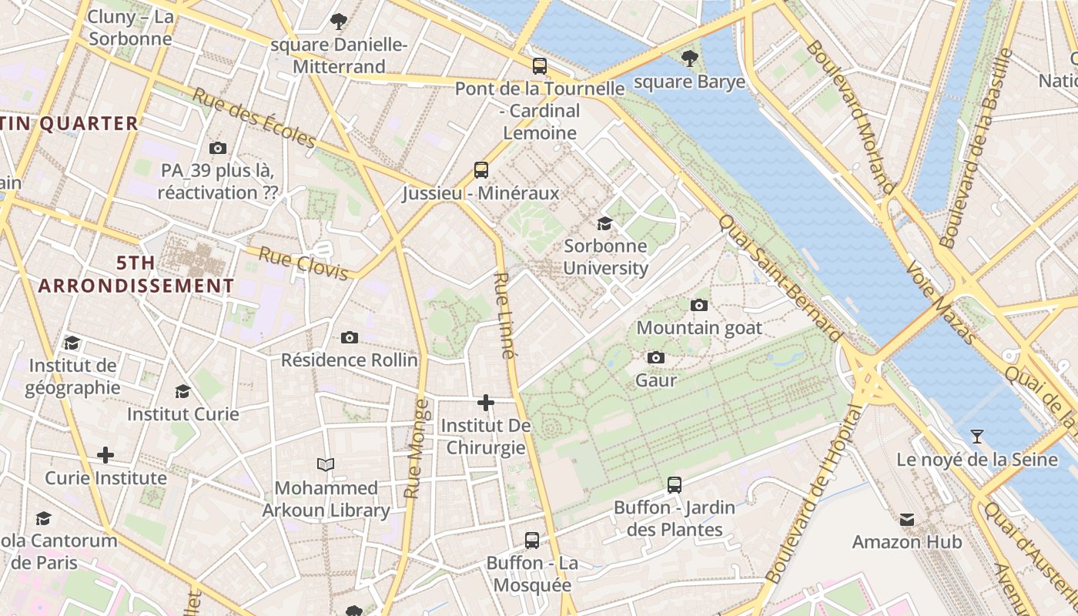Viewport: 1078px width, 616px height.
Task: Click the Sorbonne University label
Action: click(605, 257)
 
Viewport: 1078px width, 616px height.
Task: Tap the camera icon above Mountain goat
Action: click(699, 305)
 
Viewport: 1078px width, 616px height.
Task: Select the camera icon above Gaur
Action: click(656, 357)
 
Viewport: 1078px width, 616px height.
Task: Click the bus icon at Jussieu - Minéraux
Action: click(481, 170)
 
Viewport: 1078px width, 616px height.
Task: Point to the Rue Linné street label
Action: click(503, 316)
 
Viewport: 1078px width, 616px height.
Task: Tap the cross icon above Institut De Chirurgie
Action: click(486, 403)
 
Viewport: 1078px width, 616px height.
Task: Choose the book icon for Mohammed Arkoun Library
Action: click(326, 464)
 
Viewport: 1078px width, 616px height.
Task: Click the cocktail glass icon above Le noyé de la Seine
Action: click(977, 437)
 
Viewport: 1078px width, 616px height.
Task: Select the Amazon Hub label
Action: click(906, 542)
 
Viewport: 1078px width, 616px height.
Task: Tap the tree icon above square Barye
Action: click(690, 58)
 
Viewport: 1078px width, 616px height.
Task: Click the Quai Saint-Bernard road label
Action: click(779, 278)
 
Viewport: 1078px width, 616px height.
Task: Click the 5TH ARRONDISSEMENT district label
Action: click(136, 274)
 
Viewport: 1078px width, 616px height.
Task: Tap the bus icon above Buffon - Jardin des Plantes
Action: click(675, 484)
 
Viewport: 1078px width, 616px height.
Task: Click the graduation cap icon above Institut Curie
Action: click(182, 391)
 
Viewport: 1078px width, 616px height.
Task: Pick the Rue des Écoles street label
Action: click(254, 118)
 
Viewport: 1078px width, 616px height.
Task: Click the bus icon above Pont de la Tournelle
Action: click(540, 66)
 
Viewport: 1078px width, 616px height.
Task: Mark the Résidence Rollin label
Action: click(349, 360)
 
